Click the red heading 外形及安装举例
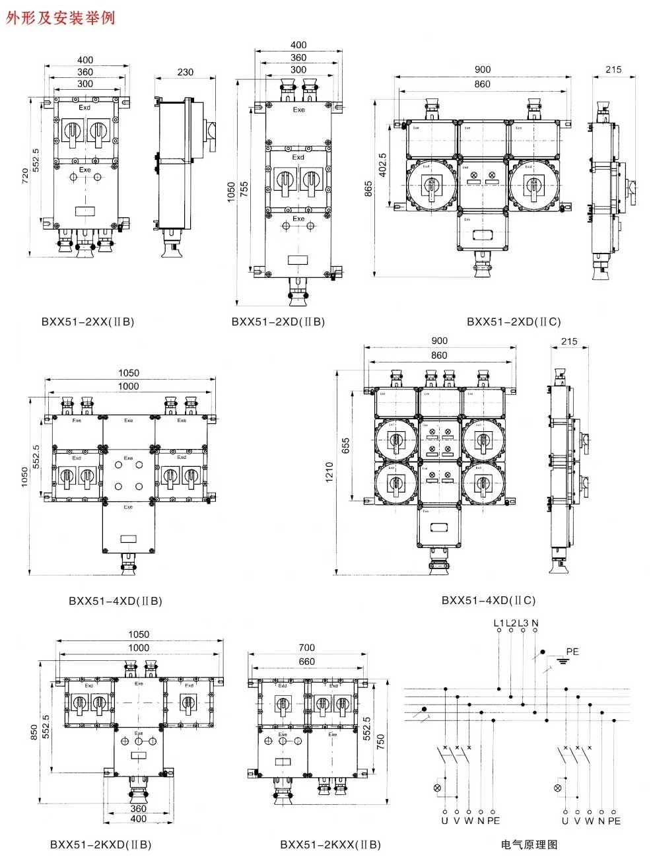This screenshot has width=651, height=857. (x=61, y=17)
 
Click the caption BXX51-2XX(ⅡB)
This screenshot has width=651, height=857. (x=88, y=322)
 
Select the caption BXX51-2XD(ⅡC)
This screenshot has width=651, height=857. (x=514, y=322)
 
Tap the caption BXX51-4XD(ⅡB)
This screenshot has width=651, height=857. (x=116, y=601)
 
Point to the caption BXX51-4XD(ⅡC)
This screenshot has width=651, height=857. (x=489, y=600)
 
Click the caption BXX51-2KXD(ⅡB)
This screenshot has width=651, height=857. (x=101, y=844)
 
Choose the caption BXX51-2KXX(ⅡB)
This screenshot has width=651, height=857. (x=330, y=844)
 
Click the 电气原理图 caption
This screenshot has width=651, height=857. (x=529, y=844)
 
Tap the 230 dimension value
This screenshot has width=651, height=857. (x=186, y=72)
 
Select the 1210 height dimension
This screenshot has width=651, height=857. (x=329, y=472)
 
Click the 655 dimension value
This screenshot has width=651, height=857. (x=346, y=446)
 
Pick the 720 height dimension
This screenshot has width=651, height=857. (x=25, y=176)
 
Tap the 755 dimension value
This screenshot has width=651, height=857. (x=245, y=190)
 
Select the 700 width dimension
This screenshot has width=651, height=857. (x=306, y=648)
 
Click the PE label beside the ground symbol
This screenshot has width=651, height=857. (x=572, y=652)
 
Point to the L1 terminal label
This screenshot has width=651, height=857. (x=498, y=623)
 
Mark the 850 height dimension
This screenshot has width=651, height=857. (x=34, y=732)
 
